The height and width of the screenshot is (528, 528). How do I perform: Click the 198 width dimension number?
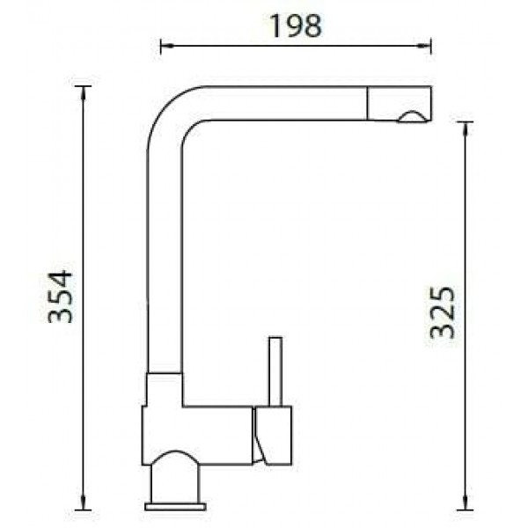click(x=296, y=26)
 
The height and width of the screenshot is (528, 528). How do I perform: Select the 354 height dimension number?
click(x=60, y=297)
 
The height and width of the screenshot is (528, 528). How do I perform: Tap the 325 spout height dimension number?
click(x=443, y=312)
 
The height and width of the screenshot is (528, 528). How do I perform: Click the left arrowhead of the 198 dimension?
click(x=167, y=46)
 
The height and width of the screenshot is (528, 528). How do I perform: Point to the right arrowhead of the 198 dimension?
click(x=425, y=46)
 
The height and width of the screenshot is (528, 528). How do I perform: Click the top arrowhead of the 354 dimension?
click(x=84, y=93)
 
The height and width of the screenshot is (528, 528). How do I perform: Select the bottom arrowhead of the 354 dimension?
click(x=84, y=502)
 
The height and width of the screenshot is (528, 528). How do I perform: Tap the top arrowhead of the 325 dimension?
click(x=466, y=129)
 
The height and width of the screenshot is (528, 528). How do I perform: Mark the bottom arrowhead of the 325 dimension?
click(x=466, y=502)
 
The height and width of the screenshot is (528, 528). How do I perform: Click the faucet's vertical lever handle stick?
click(x=275, y=371)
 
